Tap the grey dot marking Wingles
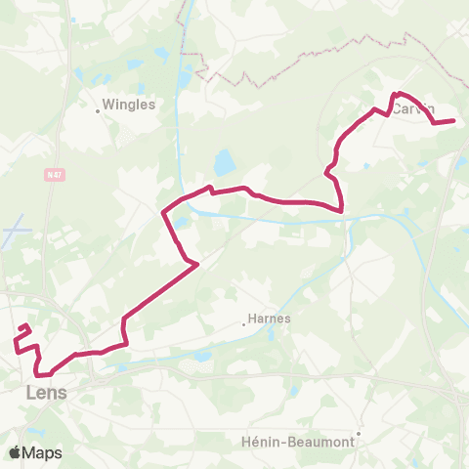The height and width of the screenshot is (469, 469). [99, 110]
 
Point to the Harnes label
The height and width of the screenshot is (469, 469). [270, 318]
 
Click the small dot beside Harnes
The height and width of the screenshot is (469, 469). [243, 325]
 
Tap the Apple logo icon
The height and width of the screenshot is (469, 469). [16, 452]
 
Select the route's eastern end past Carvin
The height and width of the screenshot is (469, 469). [454, 121]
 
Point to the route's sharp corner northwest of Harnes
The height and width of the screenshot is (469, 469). [198, 263]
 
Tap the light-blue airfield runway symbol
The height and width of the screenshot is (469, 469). [18, 236]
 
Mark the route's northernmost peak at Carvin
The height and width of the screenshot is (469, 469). [396, 94]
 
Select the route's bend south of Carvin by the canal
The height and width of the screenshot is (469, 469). [341, 208]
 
